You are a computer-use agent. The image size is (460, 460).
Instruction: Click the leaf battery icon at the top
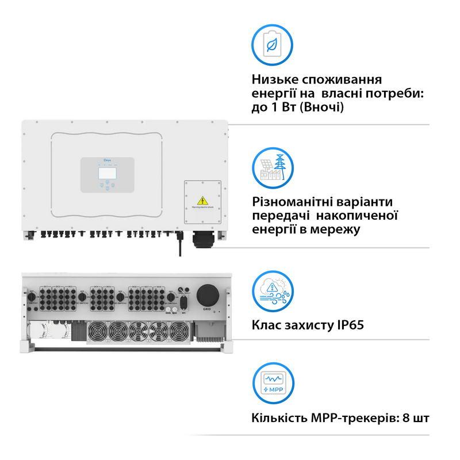[273, 42]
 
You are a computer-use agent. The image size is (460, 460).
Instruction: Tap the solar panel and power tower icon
[273, 166]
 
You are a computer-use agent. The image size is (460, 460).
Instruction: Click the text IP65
[348, 325]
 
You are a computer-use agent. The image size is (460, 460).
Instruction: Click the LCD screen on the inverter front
[106, 171]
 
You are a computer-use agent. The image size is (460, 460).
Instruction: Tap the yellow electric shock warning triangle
[202, 200]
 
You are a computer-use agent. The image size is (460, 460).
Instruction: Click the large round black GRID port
[207, 295]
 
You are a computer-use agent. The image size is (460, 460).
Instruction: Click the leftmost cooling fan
[97, 331]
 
